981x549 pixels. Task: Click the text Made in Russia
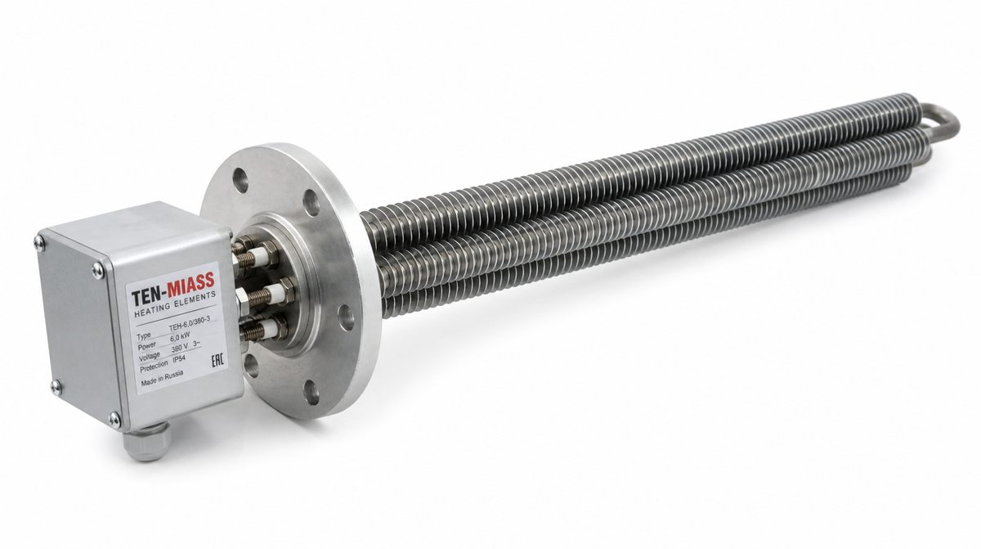coord(162,378)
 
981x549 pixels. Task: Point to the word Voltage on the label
coord(150,357)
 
